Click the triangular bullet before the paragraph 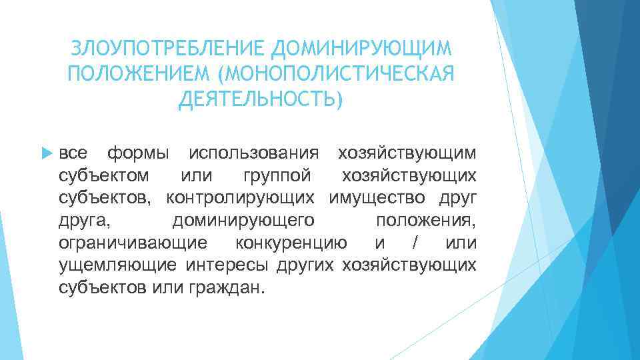click(x=45, y=153)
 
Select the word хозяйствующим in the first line click(x=407, y=153)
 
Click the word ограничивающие click(x=131, y=242)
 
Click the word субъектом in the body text click(x=98, y=175)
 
